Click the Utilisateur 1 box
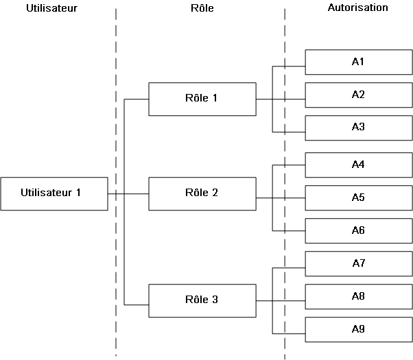tap(54, 193)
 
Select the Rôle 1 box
tap(202, 99)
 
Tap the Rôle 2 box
tap(202, 193)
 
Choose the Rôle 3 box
tap(202, 300)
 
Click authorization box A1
tap(357, 62)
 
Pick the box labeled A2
tap(357, 95)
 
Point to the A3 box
tap(357, 128)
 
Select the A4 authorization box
tap(357, 165)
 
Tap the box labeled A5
tap(357, 197)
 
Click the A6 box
tap(357, 230)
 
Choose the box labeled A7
tap(357, 263)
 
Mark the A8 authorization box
tap(357, 296)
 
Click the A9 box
tap(357, 329)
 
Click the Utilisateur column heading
tap(51, 9)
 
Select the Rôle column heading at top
tap(201, 9)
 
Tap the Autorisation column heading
tap(357, 8)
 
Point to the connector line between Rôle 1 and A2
tap(288, 99)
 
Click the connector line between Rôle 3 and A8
tap(288, 300)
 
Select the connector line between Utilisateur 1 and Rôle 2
tap(136, 194)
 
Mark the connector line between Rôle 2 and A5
tap(288, 198)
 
